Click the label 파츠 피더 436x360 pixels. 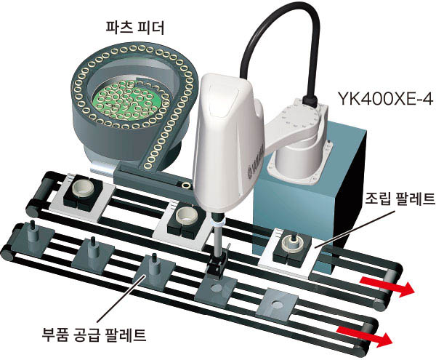click(x=135, y=28)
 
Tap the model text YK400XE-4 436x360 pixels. click(x=385, y=98)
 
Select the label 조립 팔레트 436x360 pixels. click(x=400, y=199)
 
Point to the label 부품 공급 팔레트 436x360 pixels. click(x=94, y=335)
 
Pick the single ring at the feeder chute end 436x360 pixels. click(x=186, y=185)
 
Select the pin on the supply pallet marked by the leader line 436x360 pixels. click(x=153, y=267)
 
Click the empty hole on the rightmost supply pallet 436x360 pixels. click(x=277, y=303)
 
